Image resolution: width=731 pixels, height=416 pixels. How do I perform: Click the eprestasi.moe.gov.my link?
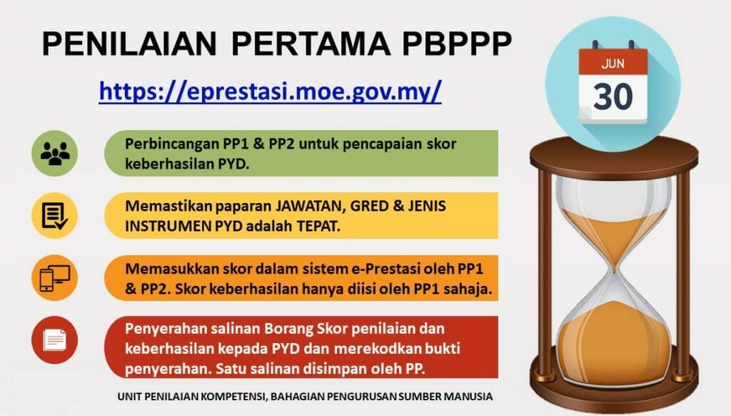[270, 91]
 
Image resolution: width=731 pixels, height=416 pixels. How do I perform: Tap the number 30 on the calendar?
[612, 96]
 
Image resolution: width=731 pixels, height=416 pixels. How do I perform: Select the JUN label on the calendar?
[612, 62]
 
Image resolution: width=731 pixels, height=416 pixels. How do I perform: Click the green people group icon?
[54, 154]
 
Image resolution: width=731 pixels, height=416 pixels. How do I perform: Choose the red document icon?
[54, 339]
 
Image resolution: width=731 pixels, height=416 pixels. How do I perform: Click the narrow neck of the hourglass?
[612, 261]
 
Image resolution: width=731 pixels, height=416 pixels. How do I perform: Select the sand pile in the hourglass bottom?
[612, 336]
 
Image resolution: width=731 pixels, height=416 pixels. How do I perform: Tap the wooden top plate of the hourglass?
[612, 152]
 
